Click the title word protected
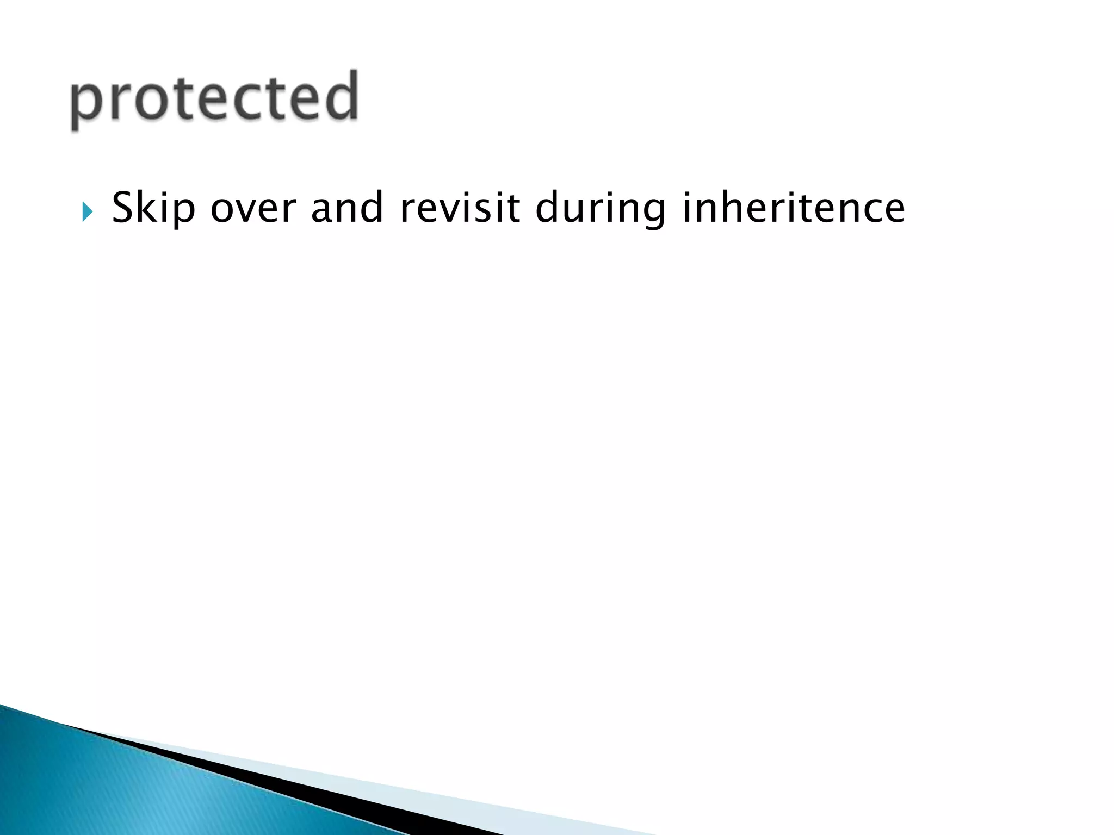point(214,98)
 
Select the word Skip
point(153,208)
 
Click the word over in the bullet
point(253,208)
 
